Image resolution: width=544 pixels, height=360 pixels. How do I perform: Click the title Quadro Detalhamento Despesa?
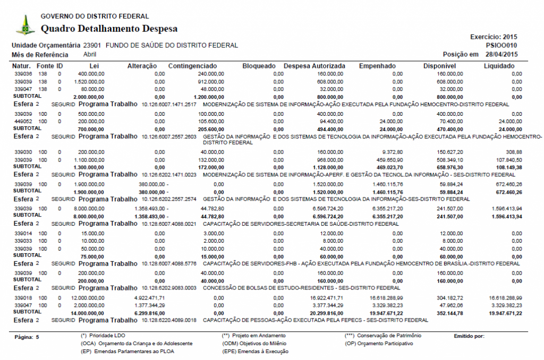click(x=109, y=29)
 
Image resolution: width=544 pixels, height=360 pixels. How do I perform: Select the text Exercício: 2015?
click(x=494, y=37)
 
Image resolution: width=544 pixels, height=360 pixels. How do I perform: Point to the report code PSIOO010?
click(x=501, y=46)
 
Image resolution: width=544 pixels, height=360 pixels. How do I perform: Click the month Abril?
click(x=90, y=54)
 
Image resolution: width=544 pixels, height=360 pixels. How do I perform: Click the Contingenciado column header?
click(x=196, y=66)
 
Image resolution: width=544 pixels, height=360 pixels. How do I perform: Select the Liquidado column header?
click(x=499, y=66)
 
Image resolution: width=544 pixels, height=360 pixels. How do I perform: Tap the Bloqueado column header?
click(x=259, y=66)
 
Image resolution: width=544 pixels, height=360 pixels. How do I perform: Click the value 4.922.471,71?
click(x=147, y=298)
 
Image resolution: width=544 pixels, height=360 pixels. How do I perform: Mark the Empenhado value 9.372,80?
click(x=392, y=152)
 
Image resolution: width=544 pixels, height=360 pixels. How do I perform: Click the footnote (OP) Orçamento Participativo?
click(x=379, y=344)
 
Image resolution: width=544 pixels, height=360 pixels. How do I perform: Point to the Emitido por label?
click(x=469, y=336)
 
